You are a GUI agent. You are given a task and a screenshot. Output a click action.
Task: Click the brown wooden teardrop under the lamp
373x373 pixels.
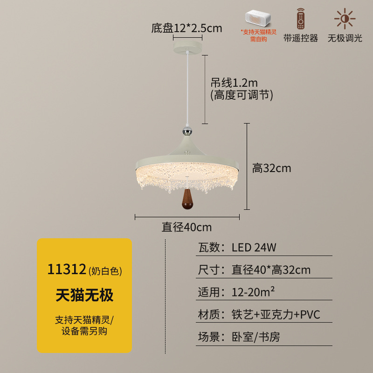click(x=187, y=199)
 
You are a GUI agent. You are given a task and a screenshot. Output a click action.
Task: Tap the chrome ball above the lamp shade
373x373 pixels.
click(x=187, y=131)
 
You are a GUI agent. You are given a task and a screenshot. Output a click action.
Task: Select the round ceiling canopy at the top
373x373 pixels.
click(x=187, y=47)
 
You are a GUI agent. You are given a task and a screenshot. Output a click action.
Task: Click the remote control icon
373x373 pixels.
click(x=301, y=19)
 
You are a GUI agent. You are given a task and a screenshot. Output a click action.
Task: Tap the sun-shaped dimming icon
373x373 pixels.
click(x=345, y=19)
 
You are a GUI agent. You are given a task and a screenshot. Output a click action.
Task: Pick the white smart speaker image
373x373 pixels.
click(x=258, y=18)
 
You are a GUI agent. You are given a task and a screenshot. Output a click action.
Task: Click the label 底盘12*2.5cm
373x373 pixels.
click(x=186, y=28)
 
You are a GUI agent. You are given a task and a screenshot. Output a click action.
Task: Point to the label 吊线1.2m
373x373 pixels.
click(x=234, y=83)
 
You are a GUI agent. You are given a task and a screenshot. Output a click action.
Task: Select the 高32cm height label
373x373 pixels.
click(x=272, y=168)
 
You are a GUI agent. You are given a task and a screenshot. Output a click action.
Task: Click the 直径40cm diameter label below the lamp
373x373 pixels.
click(x=187, y=227)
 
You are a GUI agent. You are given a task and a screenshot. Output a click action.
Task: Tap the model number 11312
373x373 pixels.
click(x=67, y=269)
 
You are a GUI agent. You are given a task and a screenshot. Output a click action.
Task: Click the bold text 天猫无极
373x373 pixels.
click(x=84, y=295)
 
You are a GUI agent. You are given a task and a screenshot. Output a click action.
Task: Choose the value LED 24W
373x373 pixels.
click(x=254, y=248)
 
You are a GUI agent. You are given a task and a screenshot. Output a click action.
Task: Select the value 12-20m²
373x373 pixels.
click(x=253, y=292)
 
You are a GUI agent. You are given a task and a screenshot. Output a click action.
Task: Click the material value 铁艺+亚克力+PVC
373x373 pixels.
click(x=276, y=314)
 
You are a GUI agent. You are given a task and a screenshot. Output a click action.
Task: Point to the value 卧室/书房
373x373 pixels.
click(x=256, y=337)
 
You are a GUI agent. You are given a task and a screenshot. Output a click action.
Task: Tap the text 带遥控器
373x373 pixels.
click(x=301, y=38)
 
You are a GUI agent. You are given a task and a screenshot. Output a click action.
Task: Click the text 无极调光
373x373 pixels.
click(x=345, y=38)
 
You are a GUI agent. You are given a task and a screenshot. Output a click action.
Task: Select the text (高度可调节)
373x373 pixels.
click(x=242, y=95)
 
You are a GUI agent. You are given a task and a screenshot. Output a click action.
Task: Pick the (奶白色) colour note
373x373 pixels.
click(x=105, y=271)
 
